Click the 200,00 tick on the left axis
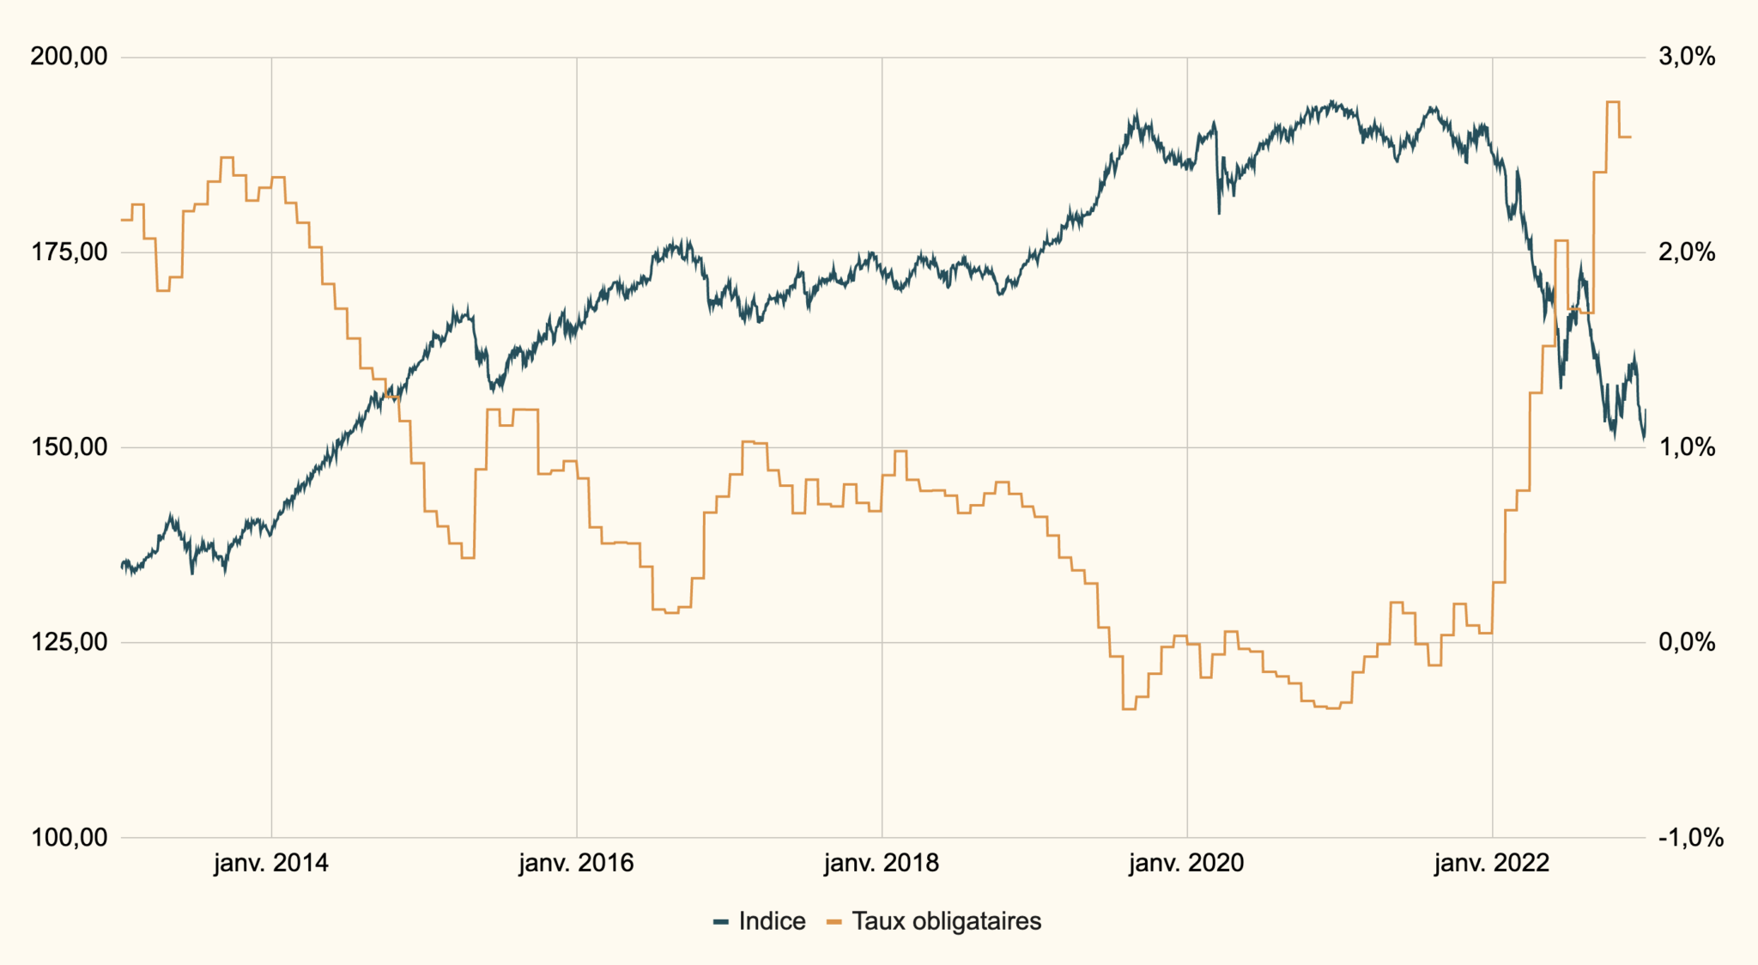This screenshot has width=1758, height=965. pyautogui.click(x=69, y=58)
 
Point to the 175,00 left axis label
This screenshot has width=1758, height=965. pyautogui.click(x=69, y=252)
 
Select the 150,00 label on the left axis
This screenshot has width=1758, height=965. pyautogui.click(x=69, y=447)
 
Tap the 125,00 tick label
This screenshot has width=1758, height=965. pyautogui.click(x=69, y=642)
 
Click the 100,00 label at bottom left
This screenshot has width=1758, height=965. pyautogui.click(x=69, y=837)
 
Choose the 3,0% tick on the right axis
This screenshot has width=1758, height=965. pyautogui.click(x=1687, y=58)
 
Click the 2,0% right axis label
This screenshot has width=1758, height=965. pyautogui.click(x=1687, y=252)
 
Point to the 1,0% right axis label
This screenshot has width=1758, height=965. pyautogui.click(x=1687, y=447)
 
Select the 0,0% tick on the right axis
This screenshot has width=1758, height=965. pyautogui.click(x=1687, y=642)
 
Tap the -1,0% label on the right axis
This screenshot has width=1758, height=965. pyautogui.click(x=1690, y=837)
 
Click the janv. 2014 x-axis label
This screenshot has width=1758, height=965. pyautogui.click(x=271, y=863)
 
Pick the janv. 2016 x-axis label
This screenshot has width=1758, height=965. pyautogui.click(x=576, y=863)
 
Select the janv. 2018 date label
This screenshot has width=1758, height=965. pyautogui.click(x=882, y=863)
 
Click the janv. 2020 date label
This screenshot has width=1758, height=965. pyautogui.click(x=1186, y=863)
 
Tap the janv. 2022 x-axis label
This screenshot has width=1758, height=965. pyautogui.click(x=1492, y=863)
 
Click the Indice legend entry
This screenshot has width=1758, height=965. pyautogui.click(x=761, y=921)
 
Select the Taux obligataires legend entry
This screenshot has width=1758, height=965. pyautogui.click(x=935, y=921)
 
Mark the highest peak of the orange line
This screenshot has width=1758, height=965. pyautogui.click(x=1612, y=102)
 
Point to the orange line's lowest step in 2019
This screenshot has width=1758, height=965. pyautogui.click(x=1129, y=708)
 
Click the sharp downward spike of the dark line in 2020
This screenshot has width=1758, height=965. pyautogui.click(x=1219, y=211)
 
